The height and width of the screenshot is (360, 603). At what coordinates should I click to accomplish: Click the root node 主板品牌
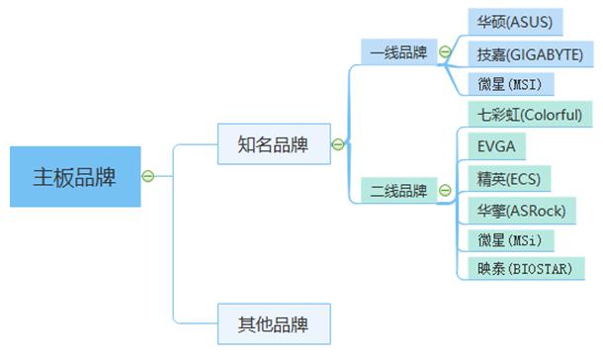tap(74, 177)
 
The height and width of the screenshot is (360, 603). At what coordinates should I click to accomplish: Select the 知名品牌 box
tap(272, 144)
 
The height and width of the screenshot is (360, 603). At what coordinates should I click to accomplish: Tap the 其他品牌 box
tap(272, 323)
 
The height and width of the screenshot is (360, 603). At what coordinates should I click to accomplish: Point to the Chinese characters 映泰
tap(490, 268)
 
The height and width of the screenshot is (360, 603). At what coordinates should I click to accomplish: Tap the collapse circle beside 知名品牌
tap(337, 144)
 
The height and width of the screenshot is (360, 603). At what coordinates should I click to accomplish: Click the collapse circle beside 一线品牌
tap(444, 52)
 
